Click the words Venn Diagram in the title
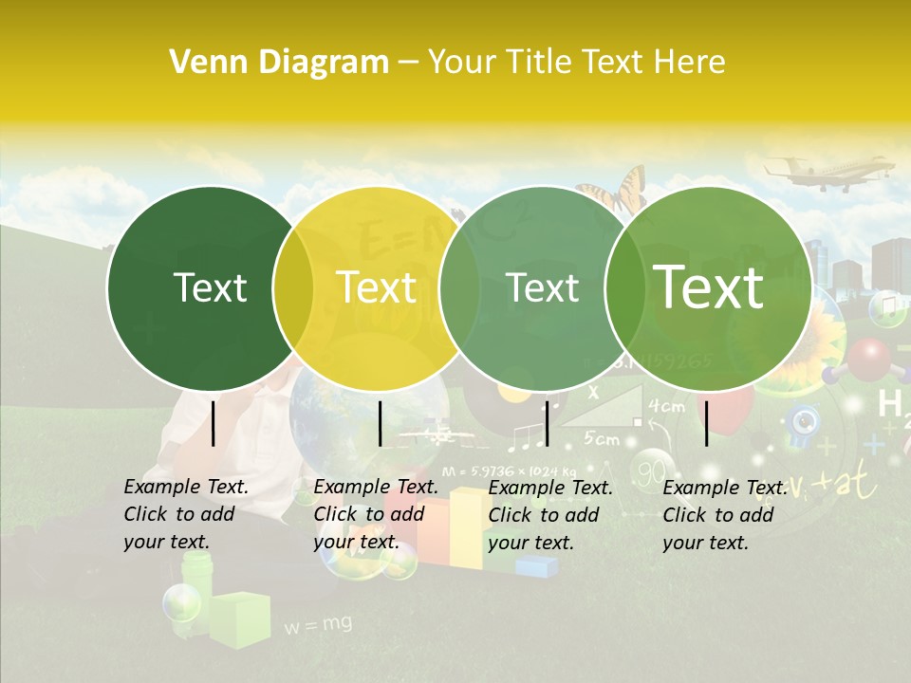[x=278, y=63]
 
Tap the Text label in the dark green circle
[x=210, y=288]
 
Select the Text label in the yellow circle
[x=377, y=287]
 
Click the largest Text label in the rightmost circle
[x=708, y=286]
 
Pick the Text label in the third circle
[x=543, y=288]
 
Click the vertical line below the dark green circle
[x=214, y=423]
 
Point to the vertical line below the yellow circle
[x=380, y=423]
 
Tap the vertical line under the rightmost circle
[x=707, y=423]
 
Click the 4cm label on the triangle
[x=665, y=406]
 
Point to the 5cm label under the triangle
[x=602, y=438]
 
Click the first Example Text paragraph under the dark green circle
[x=186, y=514]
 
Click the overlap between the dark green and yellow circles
[x=292, y=288]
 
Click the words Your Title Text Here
[x=576, y=63]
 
